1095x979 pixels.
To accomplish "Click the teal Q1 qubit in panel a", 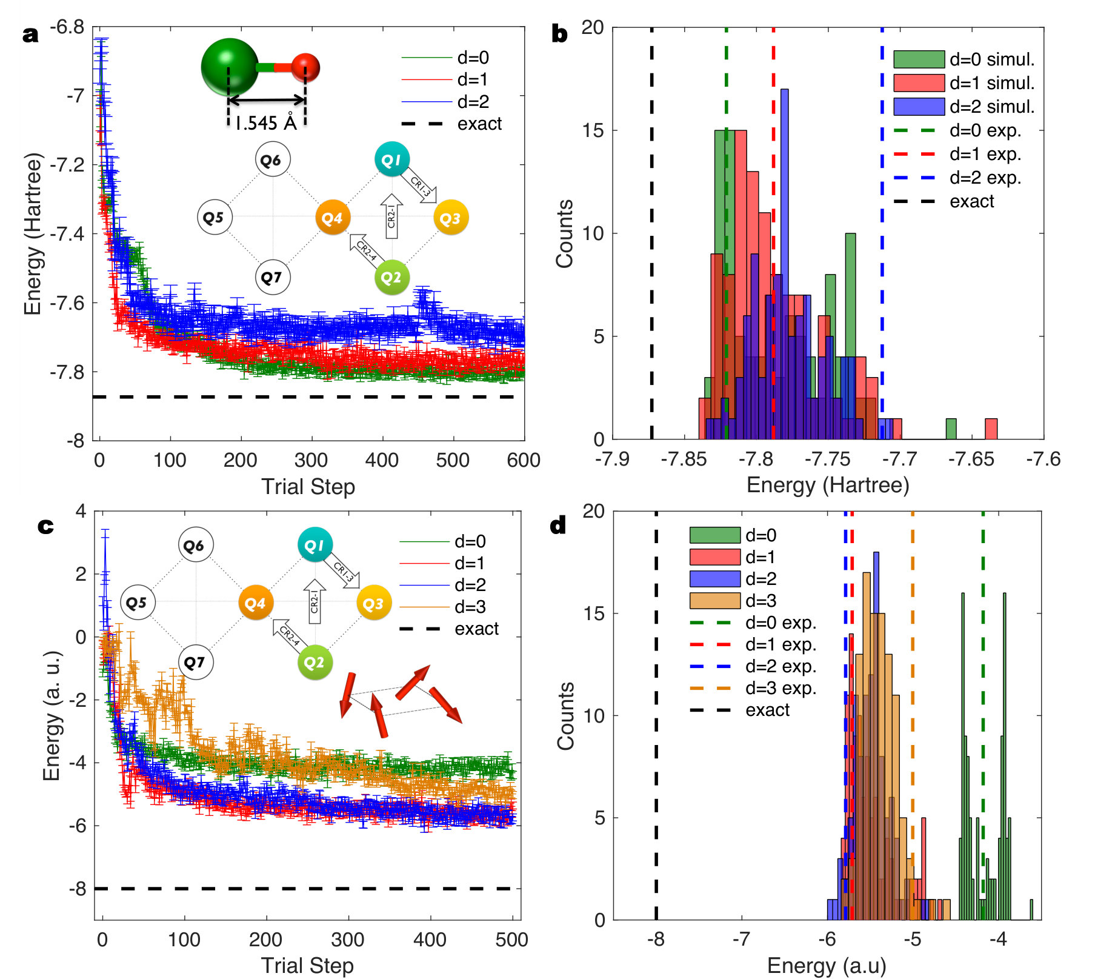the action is pyautogui.click(x=392, y=159).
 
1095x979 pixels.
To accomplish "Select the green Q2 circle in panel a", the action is pyautogui.click(x=391, y=277).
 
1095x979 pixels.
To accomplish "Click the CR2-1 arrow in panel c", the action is pyautogui.click(x=315, y=601).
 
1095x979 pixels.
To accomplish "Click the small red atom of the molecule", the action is pyautogui.click(x=305, y=67).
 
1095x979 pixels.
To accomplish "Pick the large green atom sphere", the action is pyautogui.click(x=230, y=67).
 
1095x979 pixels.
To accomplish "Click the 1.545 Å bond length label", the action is pyautogui.click(x=266, y=123).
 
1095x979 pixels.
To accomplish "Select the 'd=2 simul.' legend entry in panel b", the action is pyautogui.click(x=964, y=107).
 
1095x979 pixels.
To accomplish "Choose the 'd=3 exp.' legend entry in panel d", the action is pyautogui.click(x=753, y=688).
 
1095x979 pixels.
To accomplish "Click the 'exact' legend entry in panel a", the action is pyautogui.click(x=451, y=124).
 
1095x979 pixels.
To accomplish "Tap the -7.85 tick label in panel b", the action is pyautogui.click(x=684, y=459).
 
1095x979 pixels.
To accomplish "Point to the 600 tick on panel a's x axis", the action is pyautogui.click(x=524, y=460).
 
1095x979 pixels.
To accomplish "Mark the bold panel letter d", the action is pyautogui.click(x=558, y=525).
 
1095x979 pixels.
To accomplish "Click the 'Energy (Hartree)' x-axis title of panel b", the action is pyautogui.click(x=828, y=485).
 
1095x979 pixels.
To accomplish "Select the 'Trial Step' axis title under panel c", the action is pyautogui.click(x=307, y=965).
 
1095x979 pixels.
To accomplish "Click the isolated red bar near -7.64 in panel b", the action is pyautogui.click(x=991, y=429).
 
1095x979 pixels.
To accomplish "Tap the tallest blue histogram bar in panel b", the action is pyautogui.click(x=785, y=264).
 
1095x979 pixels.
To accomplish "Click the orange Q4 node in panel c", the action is pyautogui.click(x=255, y=603).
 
